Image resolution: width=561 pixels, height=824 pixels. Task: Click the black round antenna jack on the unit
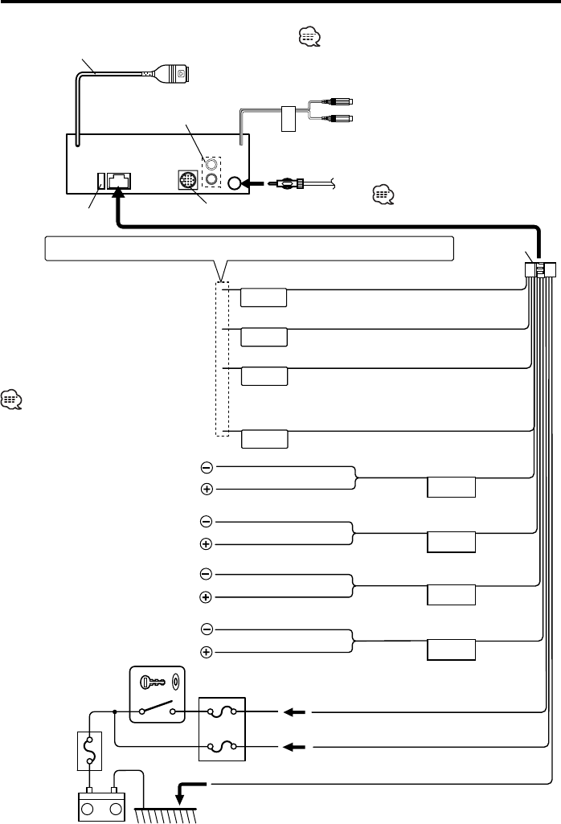tap(235, 183)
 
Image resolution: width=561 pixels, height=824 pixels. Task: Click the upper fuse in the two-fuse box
tap(221, 712)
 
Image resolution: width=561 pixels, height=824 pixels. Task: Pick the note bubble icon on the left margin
tap(12, 399)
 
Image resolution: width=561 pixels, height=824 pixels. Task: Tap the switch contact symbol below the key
tap(156, 710)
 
